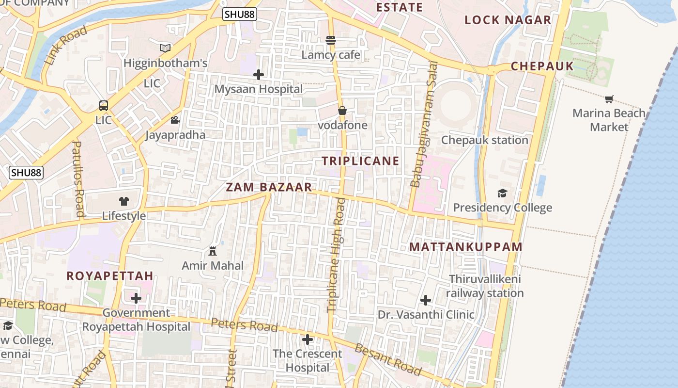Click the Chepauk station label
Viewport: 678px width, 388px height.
click(x=484, y=140)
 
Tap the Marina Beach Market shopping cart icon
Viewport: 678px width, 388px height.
click(x=609, y=99)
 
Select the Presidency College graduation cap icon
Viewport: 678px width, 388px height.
click(x=502, y=193)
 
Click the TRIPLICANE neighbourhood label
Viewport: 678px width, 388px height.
click(x=361, y=161)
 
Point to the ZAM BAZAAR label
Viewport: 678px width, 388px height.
click(x=269, y=187)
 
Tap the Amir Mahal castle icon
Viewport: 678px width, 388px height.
click(x=212, y=251)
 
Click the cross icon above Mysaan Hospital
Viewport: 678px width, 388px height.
click(x=259, y=75)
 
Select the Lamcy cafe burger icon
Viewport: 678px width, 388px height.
click(x=331, y=40)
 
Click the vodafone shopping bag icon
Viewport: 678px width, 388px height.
click(x=342, y=111)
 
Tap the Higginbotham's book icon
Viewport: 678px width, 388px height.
click(x=165, y=48)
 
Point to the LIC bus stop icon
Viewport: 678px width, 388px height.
click(x=103, y=105)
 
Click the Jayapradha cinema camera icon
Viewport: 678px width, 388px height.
click(x=175, y=120)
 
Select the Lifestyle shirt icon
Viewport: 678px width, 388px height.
click(x=123, y=201)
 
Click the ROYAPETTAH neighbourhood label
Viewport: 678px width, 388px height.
click(x=110, y=276)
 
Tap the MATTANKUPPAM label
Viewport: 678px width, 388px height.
click(x=466, y=247)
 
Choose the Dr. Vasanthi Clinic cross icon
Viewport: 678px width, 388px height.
click(x=426, y=300)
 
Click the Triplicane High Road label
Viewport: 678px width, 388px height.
click(x=336, y=255)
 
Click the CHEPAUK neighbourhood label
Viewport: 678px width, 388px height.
click(x=542, y=66)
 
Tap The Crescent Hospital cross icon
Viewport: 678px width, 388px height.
click(x=307, y=339)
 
